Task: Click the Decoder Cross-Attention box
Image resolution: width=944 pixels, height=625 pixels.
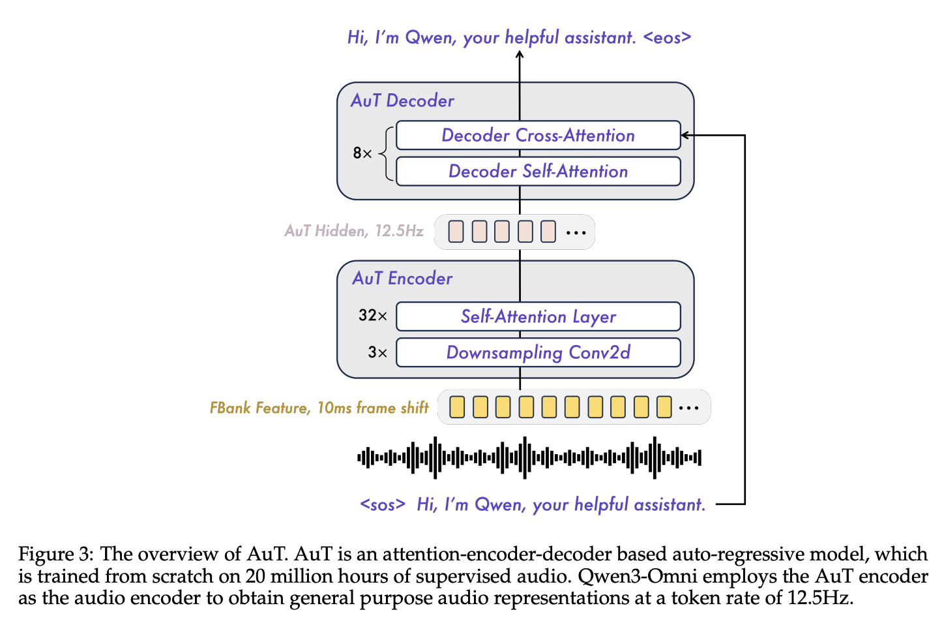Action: coord(538,136)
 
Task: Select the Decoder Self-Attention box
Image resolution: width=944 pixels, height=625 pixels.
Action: coord(538,171)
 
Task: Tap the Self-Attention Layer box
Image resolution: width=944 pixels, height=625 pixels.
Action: coord(538,316)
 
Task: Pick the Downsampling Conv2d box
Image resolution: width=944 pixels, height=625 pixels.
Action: coord(538,352)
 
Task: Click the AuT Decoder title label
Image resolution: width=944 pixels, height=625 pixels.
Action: coord(402,100)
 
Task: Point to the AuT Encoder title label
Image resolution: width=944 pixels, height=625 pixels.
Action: coord(402,279)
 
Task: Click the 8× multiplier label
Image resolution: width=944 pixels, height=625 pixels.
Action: coord(362,153)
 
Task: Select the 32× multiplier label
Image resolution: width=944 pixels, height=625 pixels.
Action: coord(372,315)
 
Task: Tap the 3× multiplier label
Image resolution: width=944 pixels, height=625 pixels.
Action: coord(377,352)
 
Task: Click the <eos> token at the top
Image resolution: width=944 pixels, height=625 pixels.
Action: coord(667,38)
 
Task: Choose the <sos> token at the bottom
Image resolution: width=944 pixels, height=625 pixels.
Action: coord(383,504)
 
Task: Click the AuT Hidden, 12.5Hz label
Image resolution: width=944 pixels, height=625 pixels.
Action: coord(353,231)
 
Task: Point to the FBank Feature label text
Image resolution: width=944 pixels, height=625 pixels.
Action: coord(319,408)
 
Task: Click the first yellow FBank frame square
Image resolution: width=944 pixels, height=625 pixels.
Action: coord(457,407)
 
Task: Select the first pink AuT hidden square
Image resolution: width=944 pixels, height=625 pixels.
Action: coord(456,232)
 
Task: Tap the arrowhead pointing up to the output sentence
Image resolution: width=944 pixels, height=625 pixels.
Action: coord(520,55)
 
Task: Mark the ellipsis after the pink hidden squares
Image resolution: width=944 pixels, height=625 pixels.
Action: coord(576,232)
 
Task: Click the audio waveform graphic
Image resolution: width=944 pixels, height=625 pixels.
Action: coord(529,458)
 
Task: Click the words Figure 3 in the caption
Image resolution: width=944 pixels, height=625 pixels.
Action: coord(55,554)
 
